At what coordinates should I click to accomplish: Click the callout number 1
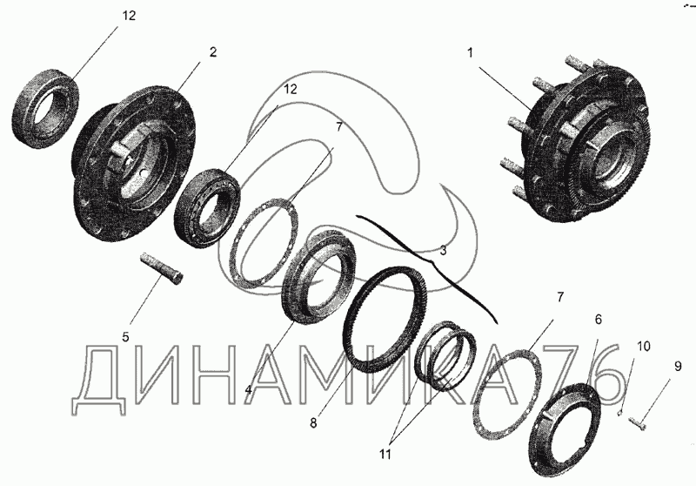click(x=470, y=53)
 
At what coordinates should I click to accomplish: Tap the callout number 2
click(x=213, y=52)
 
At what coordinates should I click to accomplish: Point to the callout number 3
click(x=443, y=251)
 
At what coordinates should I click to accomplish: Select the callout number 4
click(x=249, y=390)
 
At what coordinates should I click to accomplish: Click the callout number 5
click(x=125, y=337)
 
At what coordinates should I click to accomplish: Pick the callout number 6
click(x=598, y=320)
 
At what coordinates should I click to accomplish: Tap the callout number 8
click(x=313, y=423)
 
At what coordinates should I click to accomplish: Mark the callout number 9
click(x=678, y=367)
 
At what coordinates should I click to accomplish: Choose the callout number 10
click(x=644, y=346)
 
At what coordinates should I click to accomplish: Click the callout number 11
click(x=385, y=455)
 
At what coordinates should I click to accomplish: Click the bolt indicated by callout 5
click(x=163, y=269)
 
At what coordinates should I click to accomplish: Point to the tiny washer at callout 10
click(x=620, y=415)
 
